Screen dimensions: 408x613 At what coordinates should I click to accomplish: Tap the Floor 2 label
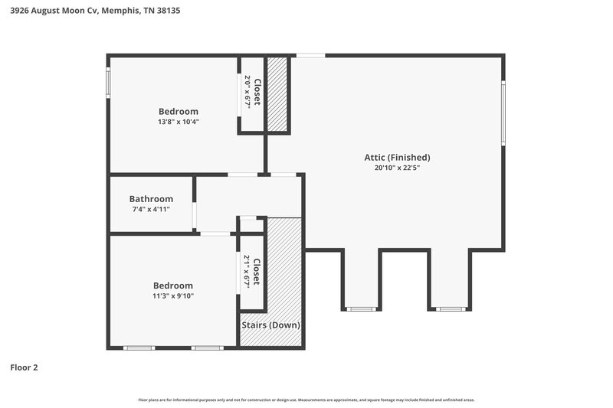24,367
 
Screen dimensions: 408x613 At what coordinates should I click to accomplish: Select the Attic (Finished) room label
397,158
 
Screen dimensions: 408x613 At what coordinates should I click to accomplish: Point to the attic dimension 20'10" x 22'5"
397,168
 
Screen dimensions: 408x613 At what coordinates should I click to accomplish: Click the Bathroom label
151,199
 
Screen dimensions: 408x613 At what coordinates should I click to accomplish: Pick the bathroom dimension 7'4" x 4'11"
151,209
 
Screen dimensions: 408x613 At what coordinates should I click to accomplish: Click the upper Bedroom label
178,112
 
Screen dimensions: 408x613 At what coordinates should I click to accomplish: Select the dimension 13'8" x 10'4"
178,122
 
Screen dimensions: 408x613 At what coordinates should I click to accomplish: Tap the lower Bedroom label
172,286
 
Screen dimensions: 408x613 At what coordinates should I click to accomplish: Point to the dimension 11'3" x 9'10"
172,295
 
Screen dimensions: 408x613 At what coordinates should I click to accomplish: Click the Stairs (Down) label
271,325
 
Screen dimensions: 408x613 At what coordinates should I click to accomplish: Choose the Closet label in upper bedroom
258,93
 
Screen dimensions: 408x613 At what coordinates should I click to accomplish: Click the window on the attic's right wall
503,113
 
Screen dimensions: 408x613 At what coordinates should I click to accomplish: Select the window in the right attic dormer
449,308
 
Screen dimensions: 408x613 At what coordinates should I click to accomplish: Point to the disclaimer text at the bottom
306,400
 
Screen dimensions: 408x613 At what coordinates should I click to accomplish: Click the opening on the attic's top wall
310,55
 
